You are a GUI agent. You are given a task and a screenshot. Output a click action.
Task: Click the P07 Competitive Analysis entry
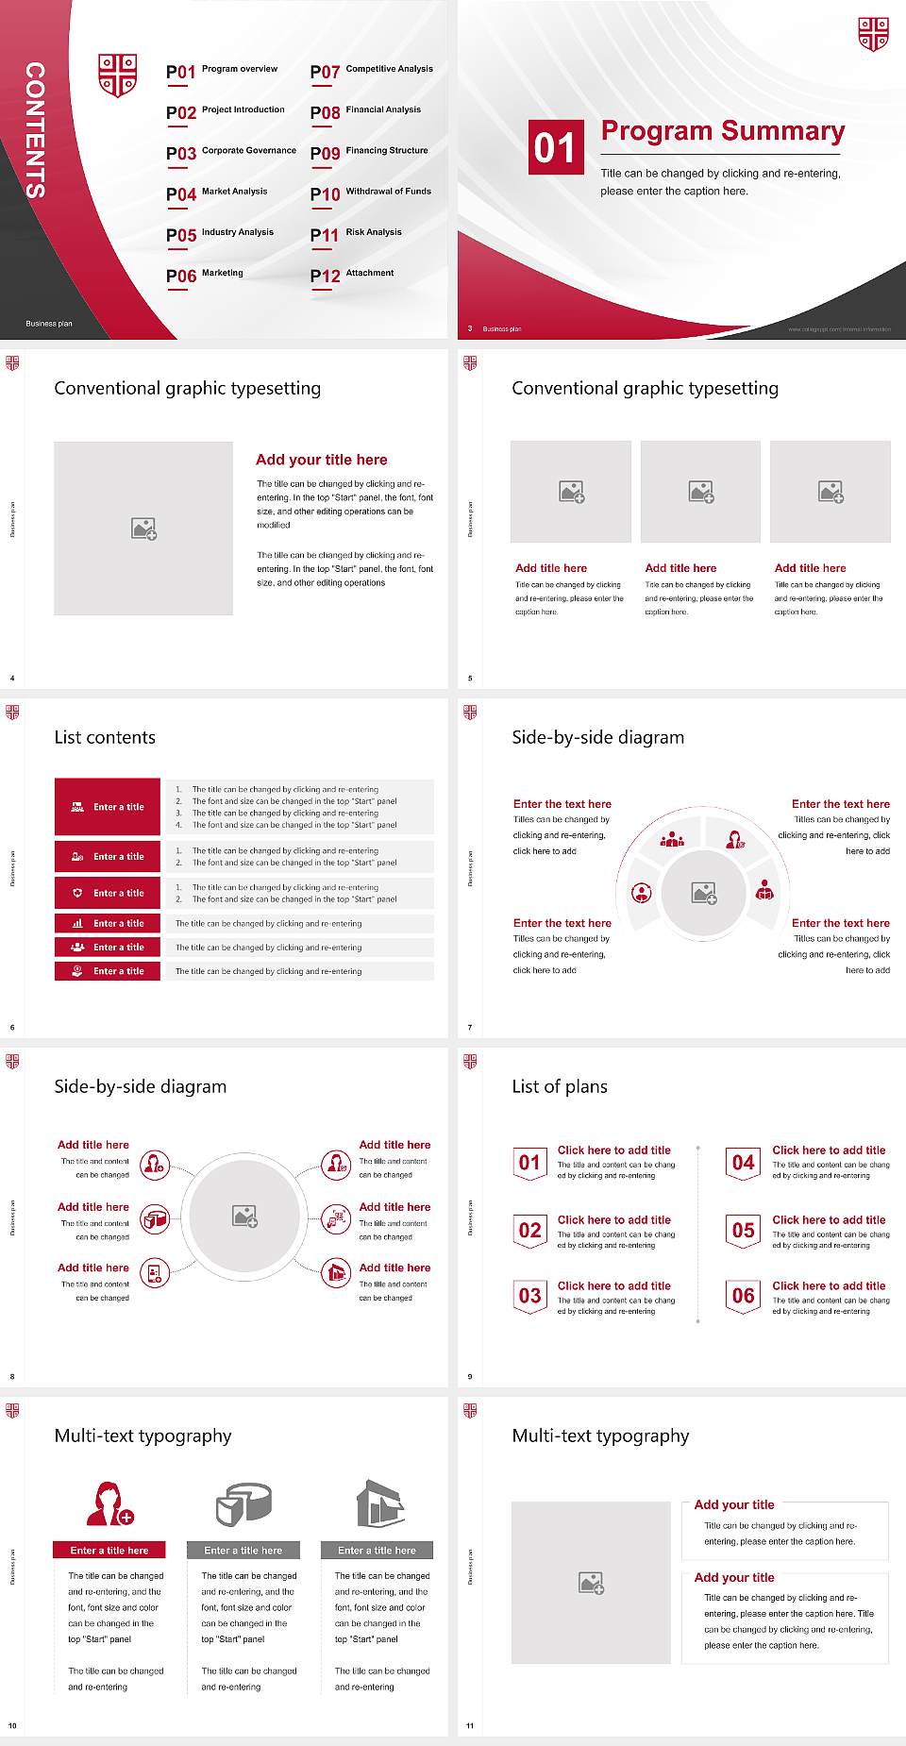[372, 71]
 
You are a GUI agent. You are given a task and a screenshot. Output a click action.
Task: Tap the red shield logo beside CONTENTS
[118, 75]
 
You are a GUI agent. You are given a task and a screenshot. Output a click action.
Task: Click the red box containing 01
[555, 147]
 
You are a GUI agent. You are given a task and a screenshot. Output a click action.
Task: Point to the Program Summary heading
[722, 131]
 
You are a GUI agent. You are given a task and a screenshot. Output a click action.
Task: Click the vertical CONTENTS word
[35, 130]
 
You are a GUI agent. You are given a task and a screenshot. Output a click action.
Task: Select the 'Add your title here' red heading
[321, 460]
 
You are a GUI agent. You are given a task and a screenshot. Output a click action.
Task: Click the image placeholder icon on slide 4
[143, 529]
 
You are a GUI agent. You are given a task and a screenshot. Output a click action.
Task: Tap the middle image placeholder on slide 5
[700, 492]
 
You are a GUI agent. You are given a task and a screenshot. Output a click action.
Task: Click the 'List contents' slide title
[105, 737]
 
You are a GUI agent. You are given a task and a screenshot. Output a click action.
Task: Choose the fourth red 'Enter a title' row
[108, 923]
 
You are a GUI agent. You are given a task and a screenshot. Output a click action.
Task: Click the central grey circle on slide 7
[703, 893]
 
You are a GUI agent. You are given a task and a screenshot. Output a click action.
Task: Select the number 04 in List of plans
[744, 1163]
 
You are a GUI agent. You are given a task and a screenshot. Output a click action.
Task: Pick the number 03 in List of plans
[530, 1296]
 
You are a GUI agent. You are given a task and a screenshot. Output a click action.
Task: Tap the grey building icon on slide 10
[379, 1503]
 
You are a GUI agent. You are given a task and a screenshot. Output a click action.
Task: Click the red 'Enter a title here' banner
[109, 1550]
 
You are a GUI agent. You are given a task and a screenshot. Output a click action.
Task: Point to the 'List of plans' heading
[560, 1086]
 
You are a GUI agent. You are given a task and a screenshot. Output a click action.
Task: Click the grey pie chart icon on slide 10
[243, 1503]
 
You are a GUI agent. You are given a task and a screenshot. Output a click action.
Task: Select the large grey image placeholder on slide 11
[591, 1583]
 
